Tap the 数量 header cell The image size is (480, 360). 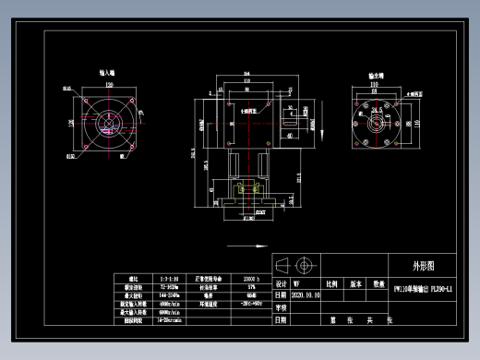[x=378, y=284]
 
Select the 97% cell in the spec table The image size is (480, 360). [x=252, y=286]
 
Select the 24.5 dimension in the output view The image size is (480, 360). [x=378, y=108]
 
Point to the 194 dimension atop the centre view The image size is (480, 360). [x=246, y=73]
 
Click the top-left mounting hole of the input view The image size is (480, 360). [x=86, y=100]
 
